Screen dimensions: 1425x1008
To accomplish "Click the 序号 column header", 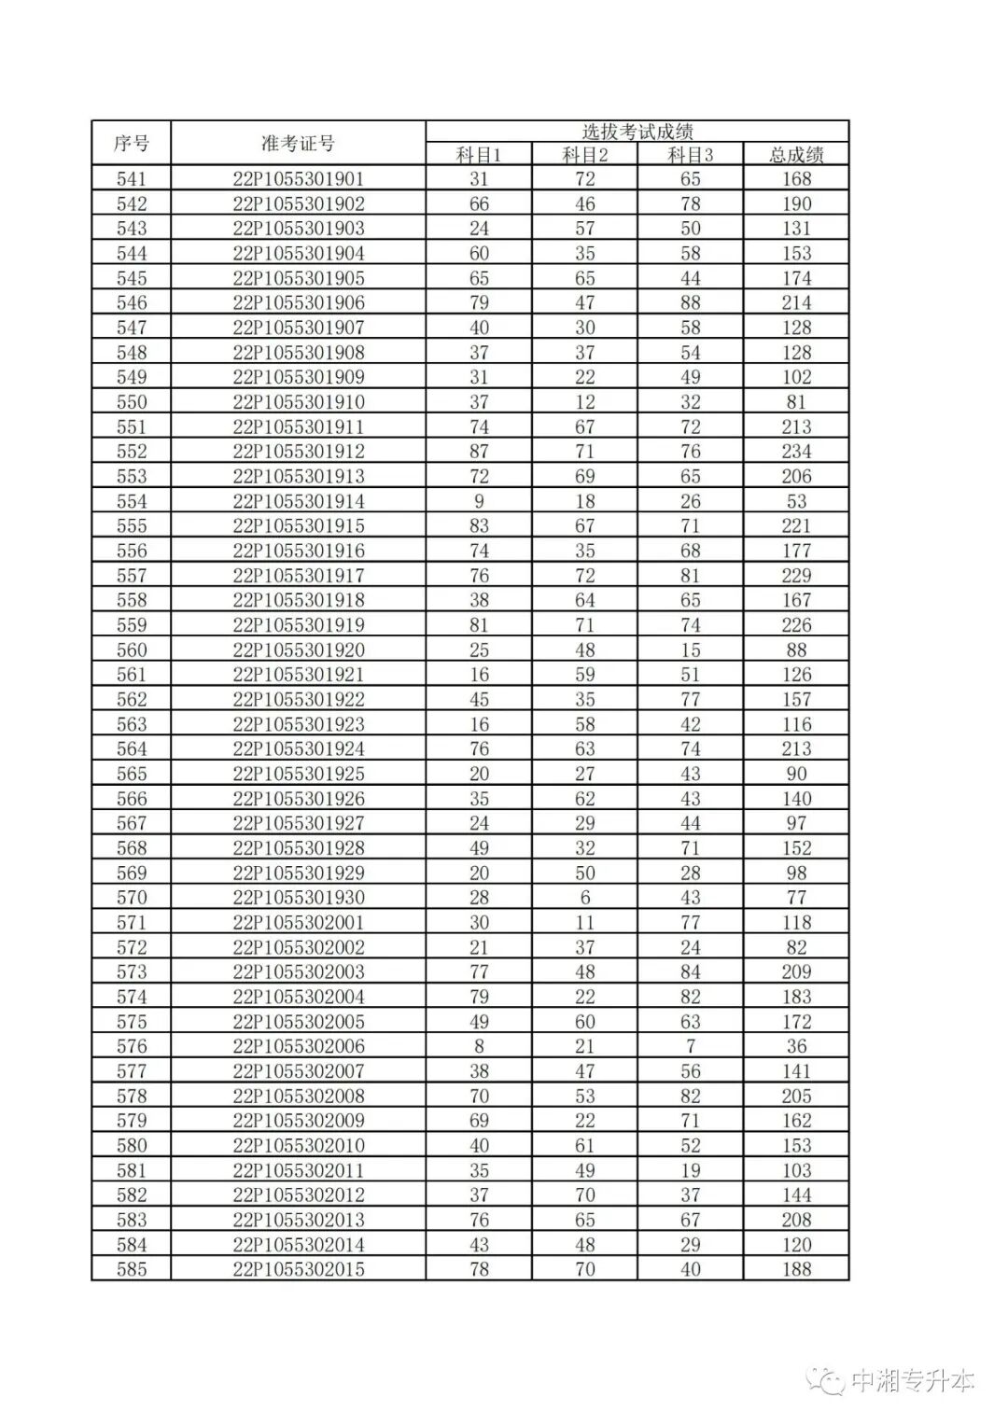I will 131,144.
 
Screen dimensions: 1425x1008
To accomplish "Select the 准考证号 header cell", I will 298,144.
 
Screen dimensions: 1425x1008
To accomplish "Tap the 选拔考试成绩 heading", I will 637,132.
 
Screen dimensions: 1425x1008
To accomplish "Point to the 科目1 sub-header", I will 479,155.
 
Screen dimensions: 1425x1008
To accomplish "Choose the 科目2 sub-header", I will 584,155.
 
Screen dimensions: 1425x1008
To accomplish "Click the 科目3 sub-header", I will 690,155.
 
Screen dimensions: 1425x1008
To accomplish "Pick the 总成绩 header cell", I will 796,155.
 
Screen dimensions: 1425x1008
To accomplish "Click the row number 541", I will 131,179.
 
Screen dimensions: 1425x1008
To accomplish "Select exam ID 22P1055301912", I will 298,452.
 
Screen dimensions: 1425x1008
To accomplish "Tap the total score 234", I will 796,452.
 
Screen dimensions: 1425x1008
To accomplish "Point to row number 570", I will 131,898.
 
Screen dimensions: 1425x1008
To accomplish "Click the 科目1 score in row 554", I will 479,501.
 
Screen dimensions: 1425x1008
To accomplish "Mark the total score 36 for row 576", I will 796,1046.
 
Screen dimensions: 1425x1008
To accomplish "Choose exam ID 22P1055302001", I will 298,923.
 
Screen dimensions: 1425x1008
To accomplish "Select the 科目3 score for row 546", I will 690,303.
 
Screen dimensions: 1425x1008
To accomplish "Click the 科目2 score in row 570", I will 584,898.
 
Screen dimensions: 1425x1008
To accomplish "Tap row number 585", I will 131,1269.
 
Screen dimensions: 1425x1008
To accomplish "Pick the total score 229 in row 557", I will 796,576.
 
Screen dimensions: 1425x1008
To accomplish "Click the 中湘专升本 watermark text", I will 912,1381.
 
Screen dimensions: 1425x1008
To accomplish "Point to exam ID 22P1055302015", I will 298,1269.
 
